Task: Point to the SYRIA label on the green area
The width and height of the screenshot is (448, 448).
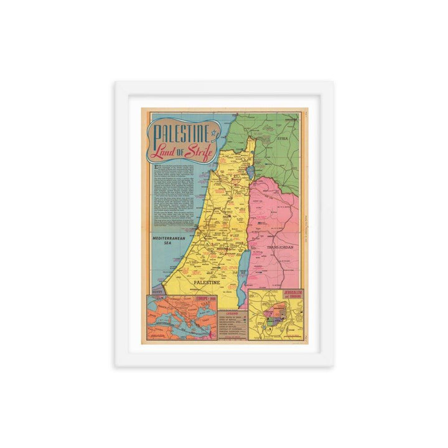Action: coord(282,139)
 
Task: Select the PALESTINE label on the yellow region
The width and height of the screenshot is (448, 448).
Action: coord(207,282)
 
